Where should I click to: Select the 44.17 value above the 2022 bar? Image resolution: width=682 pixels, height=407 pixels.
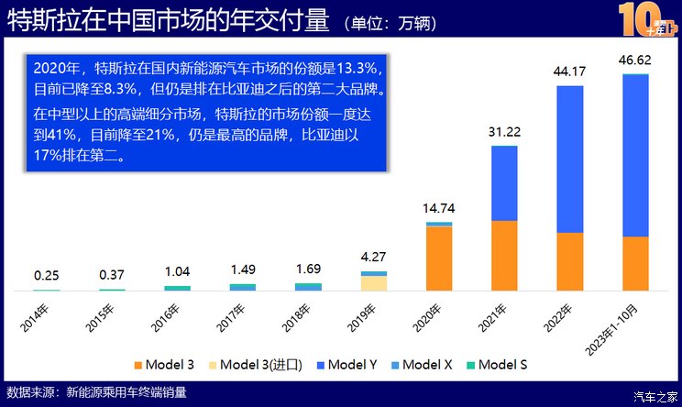pos(569,71)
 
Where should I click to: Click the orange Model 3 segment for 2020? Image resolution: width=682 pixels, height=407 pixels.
pos(439,258)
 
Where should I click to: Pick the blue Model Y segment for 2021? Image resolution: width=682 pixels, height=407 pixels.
pos(504,182)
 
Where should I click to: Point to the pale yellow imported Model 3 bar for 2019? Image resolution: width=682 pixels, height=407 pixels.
pos(374,283)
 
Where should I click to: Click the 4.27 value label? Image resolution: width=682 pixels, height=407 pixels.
pos(374,258)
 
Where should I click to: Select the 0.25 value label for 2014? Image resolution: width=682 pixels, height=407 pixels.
pos(47,275)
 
